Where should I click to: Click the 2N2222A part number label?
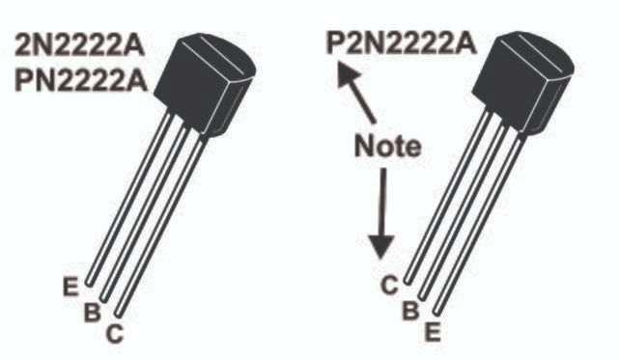[x=80, y=45]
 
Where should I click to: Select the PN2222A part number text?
[x=81, y=81]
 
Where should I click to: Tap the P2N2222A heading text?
[x=402, y=42]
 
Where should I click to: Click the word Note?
[x=388, y=146]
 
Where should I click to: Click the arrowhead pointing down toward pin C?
[x=380, y=247]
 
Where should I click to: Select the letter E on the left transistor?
[x=70, y=287]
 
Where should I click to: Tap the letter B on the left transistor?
[x=93, y=312]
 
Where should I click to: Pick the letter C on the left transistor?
[x=115, y=334]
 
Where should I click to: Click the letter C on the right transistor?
[x=389, y=285]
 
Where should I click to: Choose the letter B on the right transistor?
[x=410, y=310]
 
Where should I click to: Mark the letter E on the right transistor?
[x=433, y=332]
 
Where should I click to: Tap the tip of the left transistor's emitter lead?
[x=90, y=283]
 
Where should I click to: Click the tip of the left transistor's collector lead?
[x=118, y=314]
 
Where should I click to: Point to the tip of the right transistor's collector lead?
[x=407, y=281]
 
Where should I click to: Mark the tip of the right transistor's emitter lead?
[x=435, y=313]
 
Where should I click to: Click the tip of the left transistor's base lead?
[x=103, y=299]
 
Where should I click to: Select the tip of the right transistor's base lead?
[x=422, y=297]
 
